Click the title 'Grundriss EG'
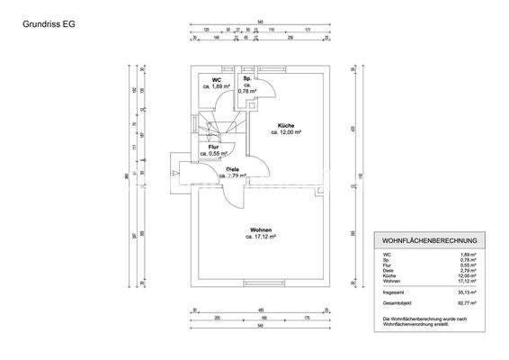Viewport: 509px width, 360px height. (47, 25)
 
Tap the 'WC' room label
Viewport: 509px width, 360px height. (217, 80)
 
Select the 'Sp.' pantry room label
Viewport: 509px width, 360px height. (246, 79)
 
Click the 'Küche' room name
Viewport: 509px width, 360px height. (286, 124)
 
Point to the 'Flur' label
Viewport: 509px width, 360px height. (214, 146)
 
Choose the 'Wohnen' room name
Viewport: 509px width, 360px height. (262, 229)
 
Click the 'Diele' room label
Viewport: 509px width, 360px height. (232, 169)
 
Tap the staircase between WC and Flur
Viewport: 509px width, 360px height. (217, 127)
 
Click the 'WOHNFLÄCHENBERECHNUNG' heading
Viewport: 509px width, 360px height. (430, 241)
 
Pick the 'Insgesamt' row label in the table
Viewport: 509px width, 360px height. (392, 292)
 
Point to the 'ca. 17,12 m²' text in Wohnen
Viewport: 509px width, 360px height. (262, 237)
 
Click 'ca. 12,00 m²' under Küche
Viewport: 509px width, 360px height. (286, 131)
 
